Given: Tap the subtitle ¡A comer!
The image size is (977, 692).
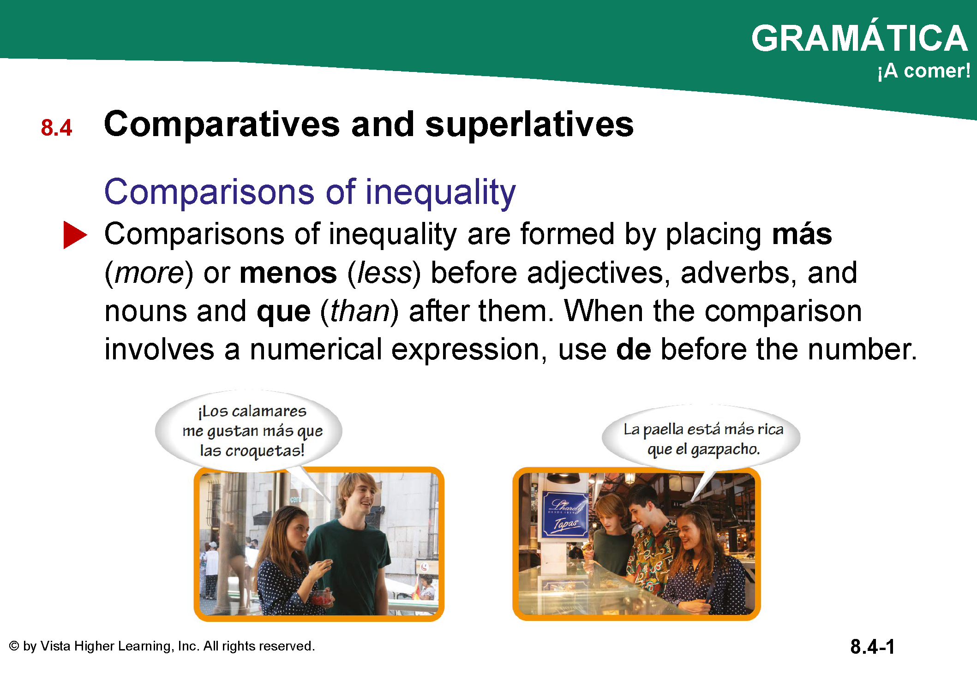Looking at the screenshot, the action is tap(923, 71).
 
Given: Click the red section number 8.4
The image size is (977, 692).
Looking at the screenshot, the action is tap(56, 128).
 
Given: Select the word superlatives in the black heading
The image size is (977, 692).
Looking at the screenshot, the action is tap(529, 125).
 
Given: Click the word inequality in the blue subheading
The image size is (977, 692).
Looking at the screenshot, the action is tap(441, 192).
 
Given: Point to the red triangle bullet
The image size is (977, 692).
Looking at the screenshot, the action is tap(75, 235).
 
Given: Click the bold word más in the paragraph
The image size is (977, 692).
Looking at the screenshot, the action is tap(802, 234).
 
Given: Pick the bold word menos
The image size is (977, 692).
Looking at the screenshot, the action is tap(288, 273).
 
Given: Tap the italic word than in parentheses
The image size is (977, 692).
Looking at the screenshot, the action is tap(360, 311).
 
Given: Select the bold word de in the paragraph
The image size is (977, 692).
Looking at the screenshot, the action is tap(634, 349).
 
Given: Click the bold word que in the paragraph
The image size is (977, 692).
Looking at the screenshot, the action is tap(283, 313).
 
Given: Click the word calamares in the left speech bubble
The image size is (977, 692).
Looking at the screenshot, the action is tap(269, 411).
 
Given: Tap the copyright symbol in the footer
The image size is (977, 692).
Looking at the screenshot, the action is tap(14, 646).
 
